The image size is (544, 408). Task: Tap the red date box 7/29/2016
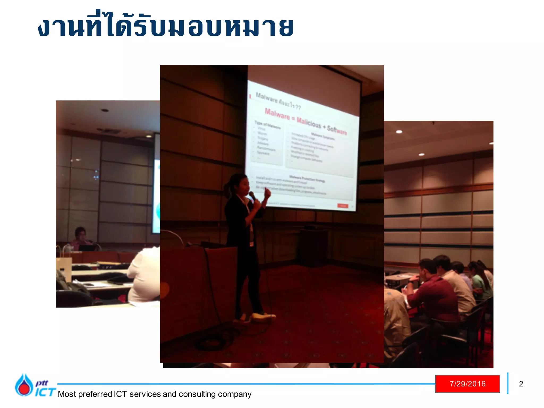tap(467, 384)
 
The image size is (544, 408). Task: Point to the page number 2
tap(521, 384)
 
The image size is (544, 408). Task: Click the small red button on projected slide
tap(343, 206)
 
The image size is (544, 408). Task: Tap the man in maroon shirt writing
tap(433, 292)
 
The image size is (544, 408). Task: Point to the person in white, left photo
tap(145, 276)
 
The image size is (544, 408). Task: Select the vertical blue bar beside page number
tap(508, 383)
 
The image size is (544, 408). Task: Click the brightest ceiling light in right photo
tap(399, 131)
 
